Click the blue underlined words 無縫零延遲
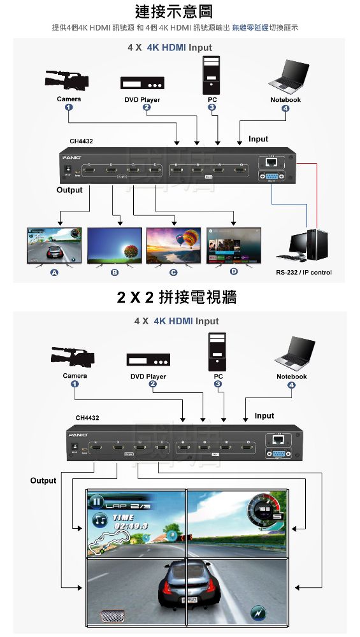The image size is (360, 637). point(250,28)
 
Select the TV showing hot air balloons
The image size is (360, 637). point(173,245)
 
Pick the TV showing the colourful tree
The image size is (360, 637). point(114,245)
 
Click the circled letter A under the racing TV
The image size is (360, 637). point(54,273)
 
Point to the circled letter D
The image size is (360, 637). point(233,272)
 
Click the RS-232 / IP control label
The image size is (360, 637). point(303,273)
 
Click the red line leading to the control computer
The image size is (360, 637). point(316,191)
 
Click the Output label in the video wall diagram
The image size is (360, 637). point(43,480)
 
